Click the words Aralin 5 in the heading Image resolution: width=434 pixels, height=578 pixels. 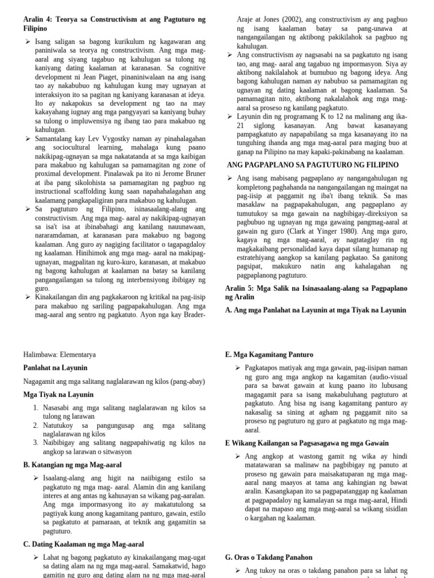(x=240, y=288)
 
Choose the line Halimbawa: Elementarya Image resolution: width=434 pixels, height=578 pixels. (x=59, y=354)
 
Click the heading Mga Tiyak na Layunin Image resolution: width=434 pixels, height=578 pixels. (x=58, y=394)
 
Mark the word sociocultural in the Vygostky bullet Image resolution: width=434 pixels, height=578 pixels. (x=61, y=147)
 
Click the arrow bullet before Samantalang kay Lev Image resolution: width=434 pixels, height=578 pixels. (x=27, y=138)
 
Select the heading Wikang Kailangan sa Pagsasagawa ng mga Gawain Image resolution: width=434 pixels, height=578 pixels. (x=317, y=443)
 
